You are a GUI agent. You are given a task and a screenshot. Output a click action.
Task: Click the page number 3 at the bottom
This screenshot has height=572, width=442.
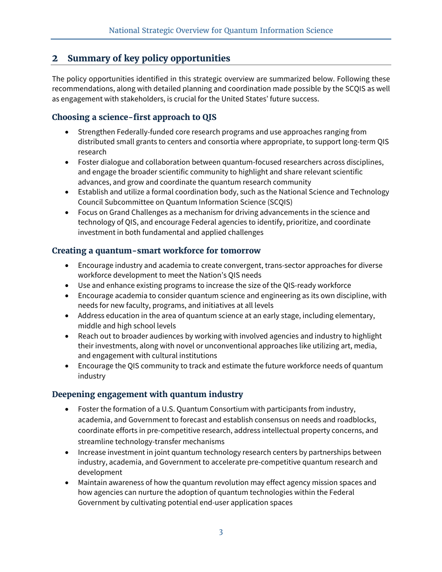[221, 532]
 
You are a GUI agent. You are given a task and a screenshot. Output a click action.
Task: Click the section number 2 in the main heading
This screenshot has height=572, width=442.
[55, 58]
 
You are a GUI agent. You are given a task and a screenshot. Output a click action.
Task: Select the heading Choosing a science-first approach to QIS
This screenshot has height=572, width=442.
[134, 117]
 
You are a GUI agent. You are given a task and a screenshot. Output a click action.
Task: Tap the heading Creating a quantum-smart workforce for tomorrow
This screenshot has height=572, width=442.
[156, 251]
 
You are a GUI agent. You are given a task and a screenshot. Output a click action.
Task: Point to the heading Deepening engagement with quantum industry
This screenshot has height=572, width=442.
[147, 394]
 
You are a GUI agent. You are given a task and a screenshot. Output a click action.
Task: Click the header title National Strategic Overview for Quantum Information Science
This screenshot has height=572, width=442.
[221, 30]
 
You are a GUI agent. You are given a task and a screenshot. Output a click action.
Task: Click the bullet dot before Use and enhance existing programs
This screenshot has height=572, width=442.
[67, 286]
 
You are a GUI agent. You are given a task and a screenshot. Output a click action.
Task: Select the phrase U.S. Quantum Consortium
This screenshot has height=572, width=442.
[198, 409]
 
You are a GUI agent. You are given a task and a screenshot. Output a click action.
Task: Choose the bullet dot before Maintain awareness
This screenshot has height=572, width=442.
[67, 483]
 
